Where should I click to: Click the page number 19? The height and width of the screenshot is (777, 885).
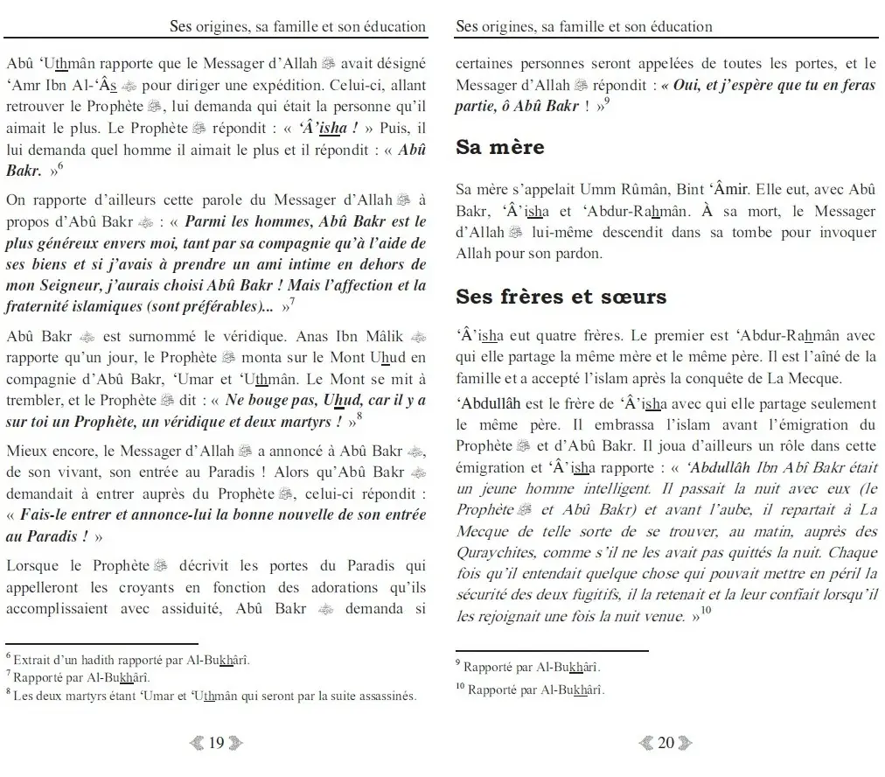tap(216, 743)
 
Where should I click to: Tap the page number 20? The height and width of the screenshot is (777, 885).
tap(665, 743)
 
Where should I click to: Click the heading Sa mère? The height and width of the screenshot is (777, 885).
tap(499, 147)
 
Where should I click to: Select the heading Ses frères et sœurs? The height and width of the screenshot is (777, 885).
tap(561, 297)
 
